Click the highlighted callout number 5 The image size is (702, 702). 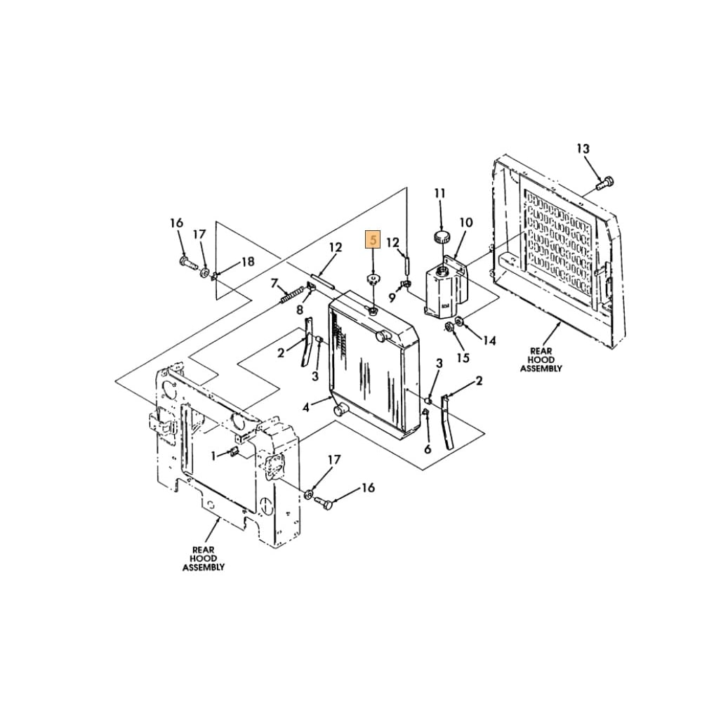click(x=373, y=239)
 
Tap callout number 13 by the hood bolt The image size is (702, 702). click(x=583, y=149)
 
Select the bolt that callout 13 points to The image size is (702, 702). click(x=604, y=183)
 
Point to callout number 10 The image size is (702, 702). click(x=465, y=223)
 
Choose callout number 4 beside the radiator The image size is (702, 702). click(x=306, y=407)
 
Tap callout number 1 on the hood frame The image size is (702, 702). click(x=214, y=456)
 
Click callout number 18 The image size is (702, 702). click(x=248, y=261)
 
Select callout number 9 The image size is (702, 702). click(x=392, y=297)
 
